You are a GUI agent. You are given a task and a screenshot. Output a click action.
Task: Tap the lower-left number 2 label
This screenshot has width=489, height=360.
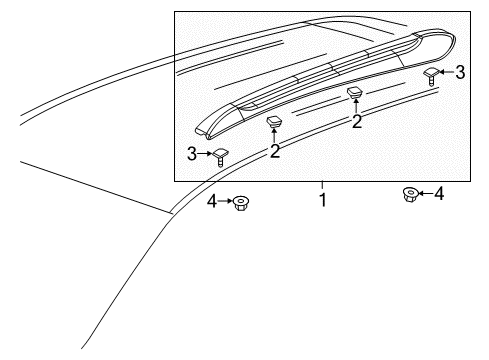pos(273,151)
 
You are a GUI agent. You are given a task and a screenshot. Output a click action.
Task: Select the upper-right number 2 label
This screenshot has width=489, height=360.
pos(354,121)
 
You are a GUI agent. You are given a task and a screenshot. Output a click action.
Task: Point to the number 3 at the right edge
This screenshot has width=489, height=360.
pos(460,72)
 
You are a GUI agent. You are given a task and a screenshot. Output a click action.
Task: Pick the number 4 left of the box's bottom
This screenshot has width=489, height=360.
pos(211,203)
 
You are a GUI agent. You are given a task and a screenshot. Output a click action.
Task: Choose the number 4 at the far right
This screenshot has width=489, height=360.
pos(438,194)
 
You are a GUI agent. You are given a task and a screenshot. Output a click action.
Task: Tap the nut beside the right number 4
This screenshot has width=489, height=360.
pos(408,194)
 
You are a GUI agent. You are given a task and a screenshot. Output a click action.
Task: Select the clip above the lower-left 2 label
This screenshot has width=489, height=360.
pos(273,124)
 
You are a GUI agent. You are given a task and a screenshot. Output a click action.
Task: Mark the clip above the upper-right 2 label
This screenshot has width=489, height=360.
pos(354,94)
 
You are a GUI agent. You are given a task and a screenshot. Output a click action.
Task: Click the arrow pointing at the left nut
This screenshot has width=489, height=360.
pos(226,203)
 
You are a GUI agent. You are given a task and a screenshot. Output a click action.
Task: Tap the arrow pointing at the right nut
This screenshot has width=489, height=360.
pos(423,194)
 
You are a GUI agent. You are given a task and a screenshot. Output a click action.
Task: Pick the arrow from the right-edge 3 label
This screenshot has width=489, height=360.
pos(447,72)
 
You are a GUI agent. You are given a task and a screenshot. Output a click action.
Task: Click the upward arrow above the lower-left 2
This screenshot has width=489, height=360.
pos(273,137)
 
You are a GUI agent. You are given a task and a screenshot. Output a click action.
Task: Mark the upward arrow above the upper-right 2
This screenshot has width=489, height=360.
pos(354,107)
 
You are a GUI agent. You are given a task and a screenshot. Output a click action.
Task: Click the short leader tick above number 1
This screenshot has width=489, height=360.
pos(323,185)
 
